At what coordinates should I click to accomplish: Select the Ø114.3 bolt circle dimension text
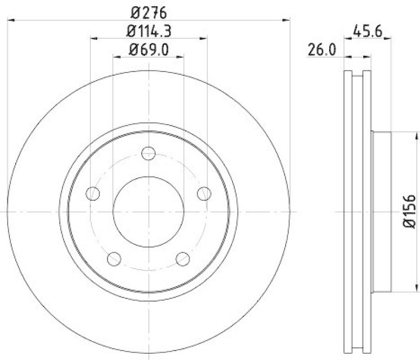pyautogui.click(x=149, y=31)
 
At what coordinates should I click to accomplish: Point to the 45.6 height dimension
pyautogui.click(x=366, y=31)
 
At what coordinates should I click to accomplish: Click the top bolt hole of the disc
pyautogui.click(x=149, y=153)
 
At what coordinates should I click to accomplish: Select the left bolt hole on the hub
pyautogui.click(x=93, y=193)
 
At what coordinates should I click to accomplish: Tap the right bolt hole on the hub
pyautogui.click(x=204, y=193)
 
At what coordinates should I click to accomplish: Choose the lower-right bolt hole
pyautogui.click(x=183, y=259)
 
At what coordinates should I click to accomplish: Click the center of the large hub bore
pyautogui.click(x=149, y=212)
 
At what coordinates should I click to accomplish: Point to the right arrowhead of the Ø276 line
pyautogui.click(x=287, y=20)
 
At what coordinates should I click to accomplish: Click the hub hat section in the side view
pyautogui.click(x=382, y=212)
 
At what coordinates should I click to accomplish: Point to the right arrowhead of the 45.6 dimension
pyautogui.click(x=389, y=38)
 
